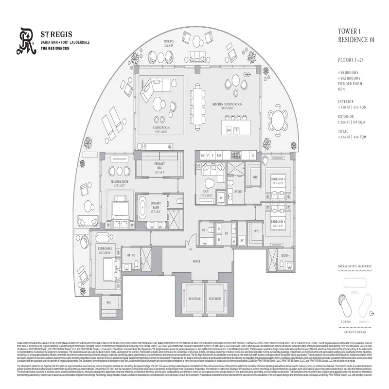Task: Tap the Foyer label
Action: [x=196, y=261]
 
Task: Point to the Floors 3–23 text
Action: [x=349, y=60]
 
